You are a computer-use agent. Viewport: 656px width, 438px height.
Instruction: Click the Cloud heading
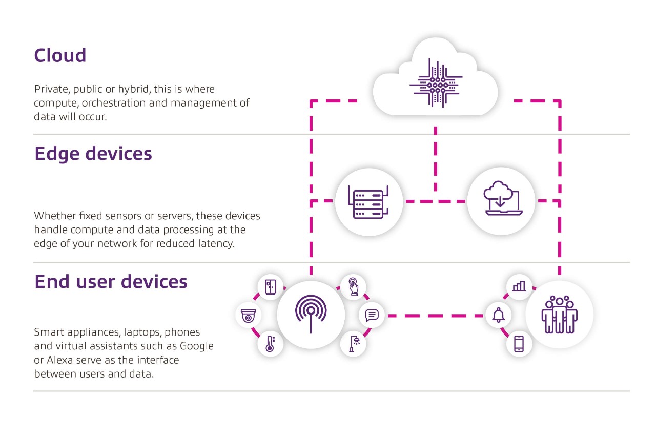[60, 55]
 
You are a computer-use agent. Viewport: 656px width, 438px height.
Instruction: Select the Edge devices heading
[93, 154]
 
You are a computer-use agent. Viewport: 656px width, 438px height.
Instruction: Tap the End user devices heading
[111, 282]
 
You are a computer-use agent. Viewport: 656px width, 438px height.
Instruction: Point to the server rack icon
[368, 202]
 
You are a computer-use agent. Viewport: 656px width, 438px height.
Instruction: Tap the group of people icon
[559, 315]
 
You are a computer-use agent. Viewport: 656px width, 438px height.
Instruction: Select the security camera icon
[249, 317]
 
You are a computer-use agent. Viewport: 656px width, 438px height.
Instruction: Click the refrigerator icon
[270, 286]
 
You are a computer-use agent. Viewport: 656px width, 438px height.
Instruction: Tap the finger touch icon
[354, 286]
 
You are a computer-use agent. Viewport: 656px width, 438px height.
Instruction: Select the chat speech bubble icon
[372, 315]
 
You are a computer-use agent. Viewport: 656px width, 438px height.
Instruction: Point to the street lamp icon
[354, 343]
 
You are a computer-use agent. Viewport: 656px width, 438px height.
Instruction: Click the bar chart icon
[519, 286]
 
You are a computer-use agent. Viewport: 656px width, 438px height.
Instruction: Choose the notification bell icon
[498, 315]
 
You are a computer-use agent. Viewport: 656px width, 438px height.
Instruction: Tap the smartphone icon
[519, 343]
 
